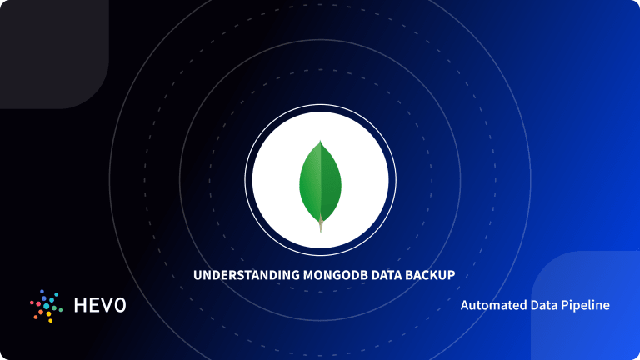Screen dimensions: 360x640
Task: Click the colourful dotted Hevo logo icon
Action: point(46,306)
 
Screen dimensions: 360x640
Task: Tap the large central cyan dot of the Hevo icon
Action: point(45,306)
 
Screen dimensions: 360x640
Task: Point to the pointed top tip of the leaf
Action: point(320,142)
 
